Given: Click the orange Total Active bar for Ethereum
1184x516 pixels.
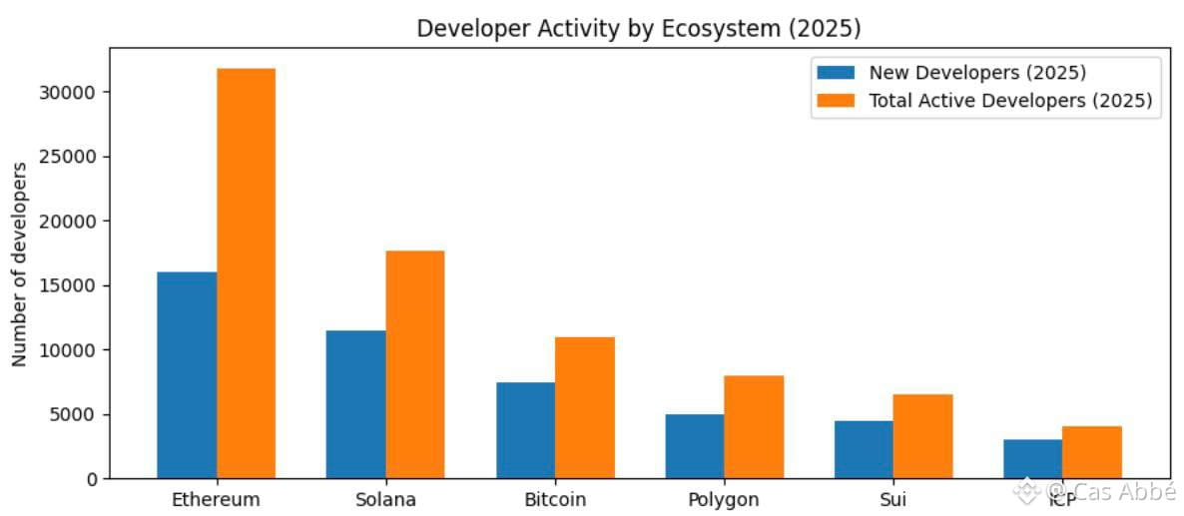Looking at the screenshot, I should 246,273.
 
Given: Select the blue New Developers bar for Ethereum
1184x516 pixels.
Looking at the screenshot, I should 187,375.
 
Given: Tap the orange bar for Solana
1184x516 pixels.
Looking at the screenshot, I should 415,364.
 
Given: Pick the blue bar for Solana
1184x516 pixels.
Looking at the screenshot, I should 356,404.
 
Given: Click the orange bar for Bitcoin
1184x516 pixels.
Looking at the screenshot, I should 584,407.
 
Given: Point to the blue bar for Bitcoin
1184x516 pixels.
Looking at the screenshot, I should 525,430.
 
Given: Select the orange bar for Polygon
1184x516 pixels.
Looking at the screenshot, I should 754,427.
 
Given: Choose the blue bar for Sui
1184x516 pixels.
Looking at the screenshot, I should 864,449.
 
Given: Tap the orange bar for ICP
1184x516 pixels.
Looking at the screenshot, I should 1092,452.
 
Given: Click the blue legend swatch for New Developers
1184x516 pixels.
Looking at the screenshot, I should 836,73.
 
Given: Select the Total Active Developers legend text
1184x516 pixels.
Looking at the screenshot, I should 1010,101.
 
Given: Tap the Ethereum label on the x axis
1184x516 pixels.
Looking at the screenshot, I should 216,499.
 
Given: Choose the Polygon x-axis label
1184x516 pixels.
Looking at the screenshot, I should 724,499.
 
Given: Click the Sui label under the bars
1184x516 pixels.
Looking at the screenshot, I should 893,499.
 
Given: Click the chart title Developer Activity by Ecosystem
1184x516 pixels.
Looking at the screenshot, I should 639,28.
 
